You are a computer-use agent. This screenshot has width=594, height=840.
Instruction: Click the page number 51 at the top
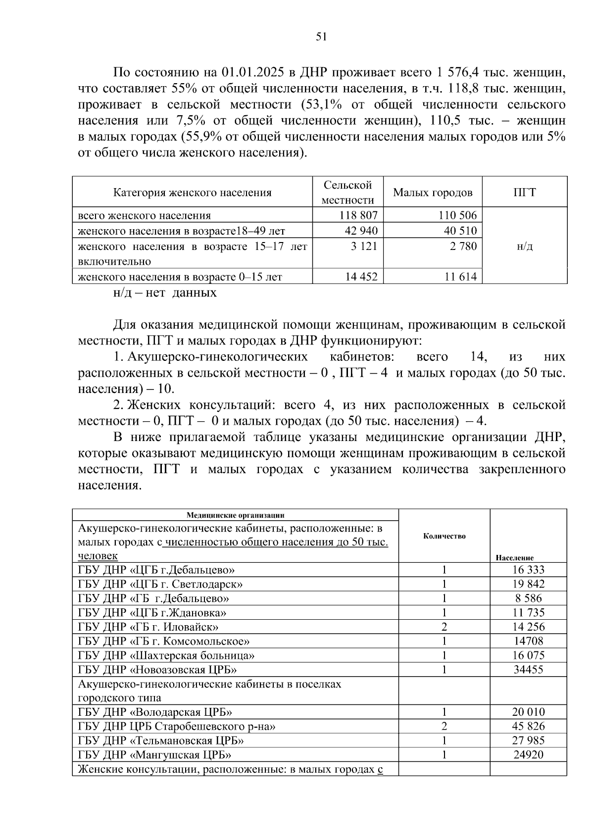(x=321, y=37)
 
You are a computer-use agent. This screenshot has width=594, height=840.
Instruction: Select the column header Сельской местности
(x=347, y=192)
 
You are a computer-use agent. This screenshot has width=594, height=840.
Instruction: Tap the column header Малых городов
(x=433, y=193)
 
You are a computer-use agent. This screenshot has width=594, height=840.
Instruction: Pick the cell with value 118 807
(x=359, y=215)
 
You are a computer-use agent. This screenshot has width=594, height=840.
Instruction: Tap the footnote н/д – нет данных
(x=165, y=293)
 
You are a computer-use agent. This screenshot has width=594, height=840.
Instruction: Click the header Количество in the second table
(x=444, y=536)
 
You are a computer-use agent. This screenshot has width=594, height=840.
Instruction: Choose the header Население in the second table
(x=514, y=557)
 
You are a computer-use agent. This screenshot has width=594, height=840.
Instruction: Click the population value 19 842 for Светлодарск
(x=528, y=584)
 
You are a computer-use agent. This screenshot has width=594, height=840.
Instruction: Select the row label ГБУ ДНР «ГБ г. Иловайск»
(x=148, y=627)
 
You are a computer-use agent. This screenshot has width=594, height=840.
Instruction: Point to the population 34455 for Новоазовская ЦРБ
(x=528, y=670)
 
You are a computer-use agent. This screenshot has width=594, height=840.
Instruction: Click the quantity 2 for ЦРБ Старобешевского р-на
(x=444, y=727)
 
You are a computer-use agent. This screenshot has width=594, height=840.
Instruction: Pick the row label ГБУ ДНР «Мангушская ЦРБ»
(x=154, y=755)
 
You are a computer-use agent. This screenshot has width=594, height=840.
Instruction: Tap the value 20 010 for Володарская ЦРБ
(x=528, y=712)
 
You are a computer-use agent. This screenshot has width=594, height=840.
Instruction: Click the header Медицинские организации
(x=235, y=515)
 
